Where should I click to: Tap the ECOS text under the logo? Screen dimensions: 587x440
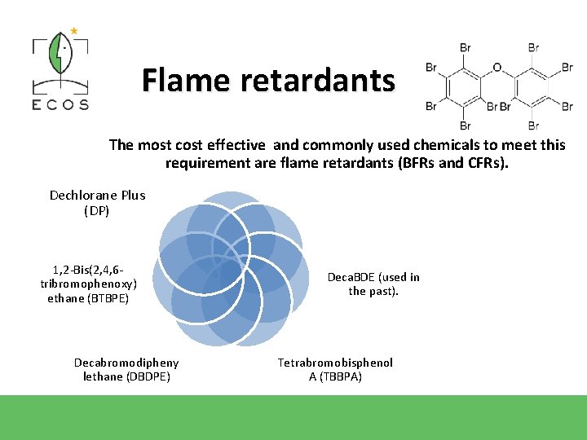tap(60, 104)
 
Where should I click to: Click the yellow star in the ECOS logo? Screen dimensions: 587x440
tap(74, 31)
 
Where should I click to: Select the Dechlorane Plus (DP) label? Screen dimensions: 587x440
tap(97, 203)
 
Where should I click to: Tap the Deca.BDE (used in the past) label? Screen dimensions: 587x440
tap(373, 284)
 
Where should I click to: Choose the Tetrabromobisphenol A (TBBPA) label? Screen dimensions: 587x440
tap(335, 369)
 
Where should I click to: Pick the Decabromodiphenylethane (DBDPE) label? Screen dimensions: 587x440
tap(126, 369)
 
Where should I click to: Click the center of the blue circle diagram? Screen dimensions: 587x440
tap(229, 269)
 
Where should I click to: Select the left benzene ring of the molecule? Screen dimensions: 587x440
tap(465, 86)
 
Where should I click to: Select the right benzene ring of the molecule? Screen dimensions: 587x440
tap(532, 86)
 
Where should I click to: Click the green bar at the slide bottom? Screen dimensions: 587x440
tap(293, 417)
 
